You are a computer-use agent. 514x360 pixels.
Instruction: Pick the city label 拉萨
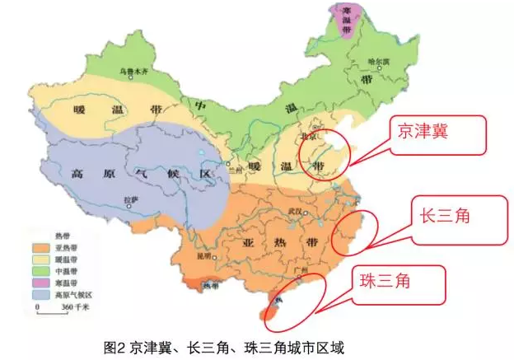click(x=129, y=199)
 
